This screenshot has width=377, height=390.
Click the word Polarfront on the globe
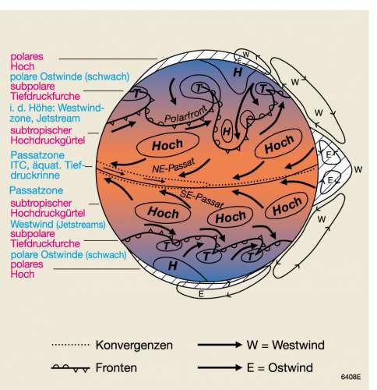pyautogui.click(x=185, y=115)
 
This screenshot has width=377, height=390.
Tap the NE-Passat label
pyautogui.click(x=174, y=166)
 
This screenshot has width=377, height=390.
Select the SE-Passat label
pyautogui.click(x=202, y=199)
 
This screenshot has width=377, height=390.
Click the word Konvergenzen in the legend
pyautogui.click(x=134, y=346)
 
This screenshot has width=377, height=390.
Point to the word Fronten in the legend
pyautogui.click(x=116, y=367)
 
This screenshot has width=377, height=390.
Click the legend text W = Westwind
pyautogui.click(x=286, y=345)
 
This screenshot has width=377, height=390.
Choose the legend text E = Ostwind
pyautogui.click(x=280, y=367)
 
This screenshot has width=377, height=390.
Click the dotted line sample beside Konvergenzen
pyautogui.click(x=71, y=345)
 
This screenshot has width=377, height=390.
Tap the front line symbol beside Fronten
pyautogui.click(x=71, y=368)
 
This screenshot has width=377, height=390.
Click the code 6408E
pyautogui.click(x=351, y=377)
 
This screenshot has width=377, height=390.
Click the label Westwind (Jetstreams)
pyautogui.click(x=58, y=224)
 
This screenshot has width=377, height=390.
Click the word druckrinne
pyautogui.click(x=35, y=175)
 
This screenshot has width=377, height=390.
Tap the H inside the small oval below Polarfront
pyautogui.click(x=227, y=131)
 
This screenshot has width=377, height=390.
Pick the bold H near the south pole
pyautogui.click(x=173, y=266)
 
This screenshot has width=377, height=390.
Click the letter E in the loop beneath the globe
pyautogui.click(x=201, y=294)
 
